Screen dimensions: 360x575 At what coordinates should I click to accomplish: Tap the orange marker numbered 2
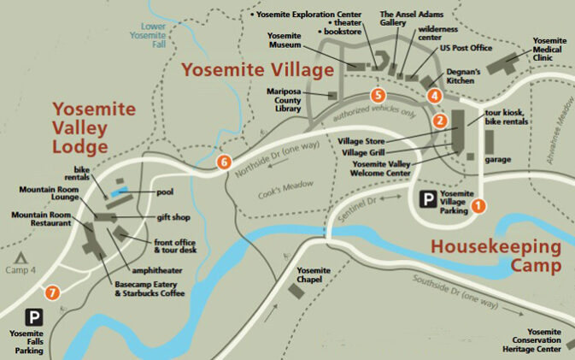click(439, 121)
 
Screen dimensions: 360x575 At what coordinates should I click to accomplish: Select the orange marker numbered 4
click(434, 96)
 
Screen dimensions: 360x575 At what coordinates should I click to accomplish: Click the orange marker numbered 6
click(224, 161)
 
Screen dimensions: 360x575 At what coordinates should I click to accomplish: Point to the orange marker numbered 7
click(53, 293)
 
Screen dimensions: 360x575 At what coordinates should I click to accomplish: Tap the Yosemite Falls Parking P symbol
click(35, 317)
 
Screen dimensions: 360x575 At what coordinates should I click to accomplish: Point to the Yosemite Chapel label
click(314, 275)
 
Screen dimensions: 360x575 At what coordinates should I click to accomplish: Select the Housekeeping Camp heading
click(496, 256)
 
